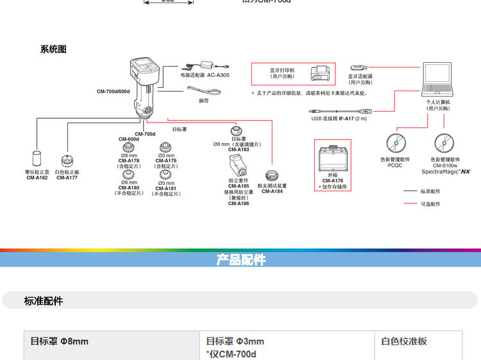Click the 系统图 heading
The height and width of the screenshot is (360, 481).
53,49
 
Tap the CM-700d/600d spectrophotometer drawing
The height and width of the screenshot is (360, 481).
143,87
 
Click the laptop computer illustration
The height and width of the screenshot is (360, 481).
439,80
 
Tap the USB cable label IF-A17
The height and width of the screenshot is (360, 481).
339,119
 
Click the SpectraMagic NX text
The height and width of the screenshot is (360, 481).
445,171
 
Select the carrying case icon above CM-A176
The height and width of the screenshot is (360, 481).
332,159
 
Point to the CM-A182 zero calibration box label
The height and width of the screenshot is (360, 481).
37,178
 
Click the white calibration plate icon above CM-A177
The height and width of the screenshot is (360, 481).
67,160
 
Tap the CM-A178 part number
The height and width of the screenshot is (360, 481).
128,161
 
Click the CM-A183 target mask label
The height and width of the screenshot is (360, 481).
239,150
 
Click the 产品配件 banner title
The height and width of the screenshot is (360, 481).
240,260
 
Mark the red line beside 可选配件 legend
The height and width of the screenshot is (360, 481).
410,204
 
